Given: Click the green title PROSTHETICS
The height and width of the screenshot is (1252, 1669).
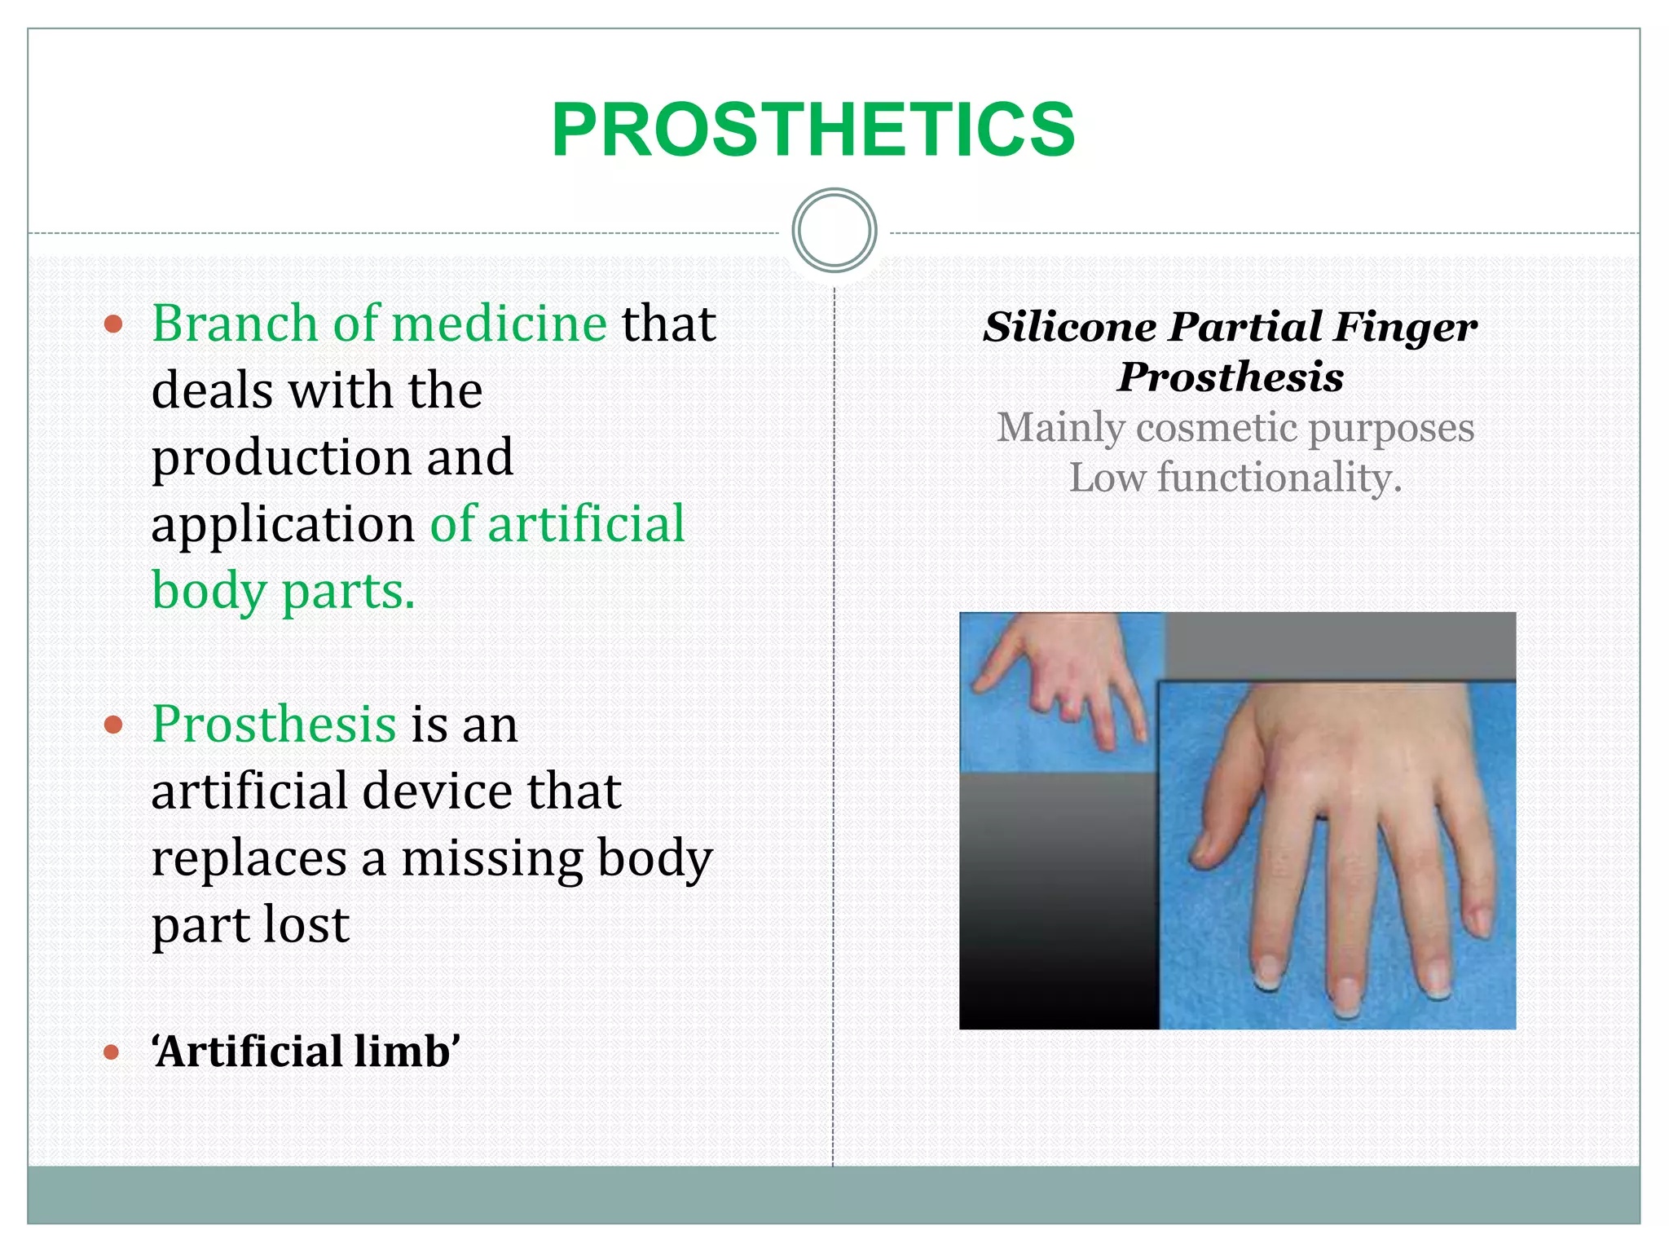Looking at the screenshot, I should click(813, 130).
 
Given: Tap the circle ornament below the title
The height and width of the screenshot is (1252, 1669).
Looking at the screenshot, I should click(834, 231).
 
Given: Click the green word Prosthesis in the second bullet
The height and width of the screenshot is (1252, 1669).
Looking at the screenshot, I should click(274, 724).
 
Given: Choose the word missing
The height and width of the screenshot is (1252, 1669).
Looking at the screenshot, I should click(491, 858).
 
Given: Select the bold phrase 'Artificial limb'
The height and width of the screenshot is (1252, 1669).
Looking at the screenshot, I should click(306, 1051).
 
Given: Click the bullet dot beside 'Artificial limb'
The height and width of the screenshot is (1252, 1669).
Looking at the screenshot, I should click(112, 1052).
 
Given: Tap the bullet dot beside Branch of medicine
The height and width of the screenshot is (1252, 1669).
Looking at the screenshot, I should click(113, 324).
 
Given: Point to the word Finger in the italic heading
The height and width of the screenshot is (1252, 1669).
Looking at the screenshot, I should click(1405, 328).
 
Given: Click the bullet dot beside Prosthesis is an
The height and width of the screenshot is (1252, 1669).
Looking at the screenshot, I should click(113, 725).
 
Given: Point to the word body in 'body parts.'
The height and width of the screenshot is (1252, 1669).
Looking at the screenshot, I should click(209, 591).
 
